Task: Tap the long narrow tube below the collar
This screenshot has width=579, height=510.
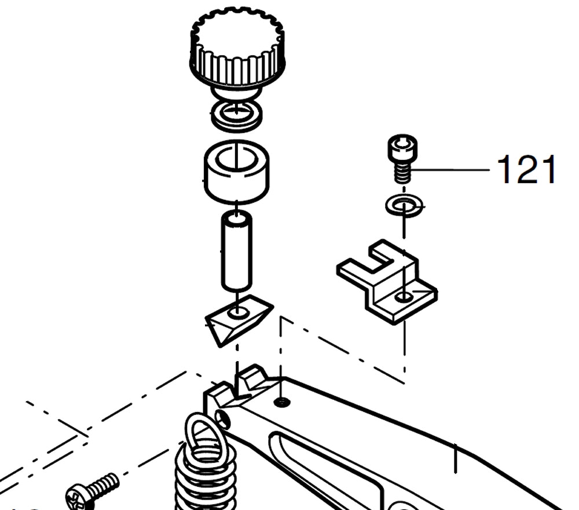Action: pos(237,252)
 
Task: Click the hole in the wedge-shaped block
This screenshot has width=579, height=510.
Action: pos(237,312)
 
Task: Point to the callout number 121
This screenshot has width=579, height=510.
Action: pos(526,169)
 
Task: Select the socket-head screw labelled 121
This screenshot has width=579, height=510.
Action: pos(403,158)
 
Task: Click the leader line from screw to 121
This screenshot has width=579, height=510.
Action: pos(450,170)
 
